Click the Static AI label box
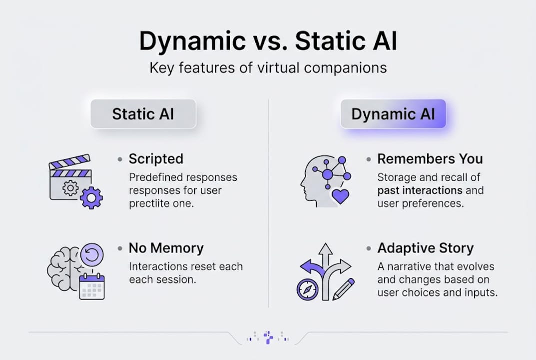(143, 113)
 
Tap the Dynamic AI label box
(393, 113)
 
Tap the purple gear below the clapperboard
(91, 198)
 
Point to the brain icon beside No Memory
(62, 268)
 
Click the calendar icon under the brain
(92, 286)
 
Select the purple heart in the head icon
(341, 195)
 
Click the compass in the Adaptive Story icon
(307, 289)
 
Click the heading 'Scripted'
(156, 159)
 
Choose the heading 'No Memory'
(166, 248)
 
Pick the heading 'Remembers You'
(430, 159)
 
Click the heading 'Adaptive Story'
(425, 248)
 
